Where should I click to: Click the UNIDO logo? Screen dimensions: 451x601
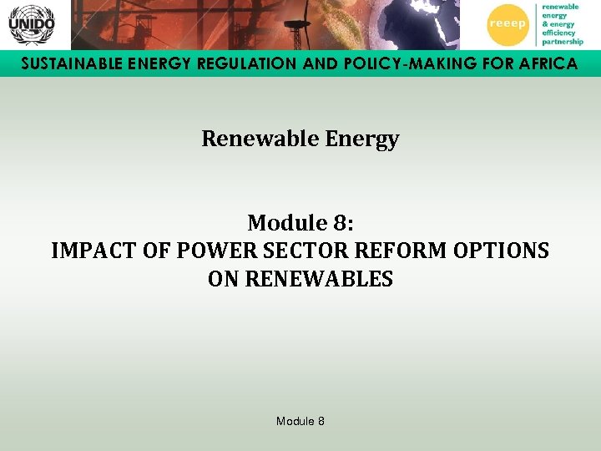(31, 25)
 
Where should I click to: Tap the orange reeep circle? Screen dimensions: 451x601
(508, 24)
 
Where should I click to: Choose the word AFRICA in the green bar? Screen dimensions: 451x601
(543, 64)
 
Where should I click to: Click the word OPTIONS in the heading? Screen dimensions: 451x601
(503, 251)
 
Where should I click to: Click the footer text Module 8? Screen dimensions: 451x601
(300, 421)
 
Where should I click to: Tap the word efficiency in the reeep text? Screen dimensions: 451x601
(558, 33)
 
